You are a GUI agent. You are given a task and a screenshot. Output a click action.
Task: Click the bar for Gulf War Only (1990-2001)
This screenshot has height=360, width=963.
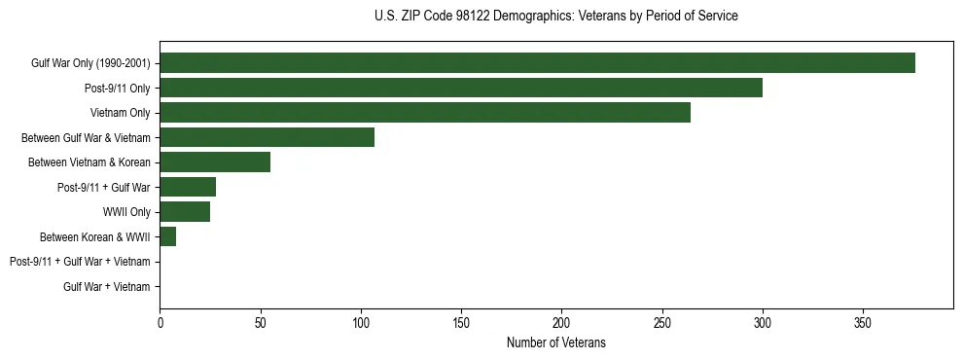[x=537, y=63]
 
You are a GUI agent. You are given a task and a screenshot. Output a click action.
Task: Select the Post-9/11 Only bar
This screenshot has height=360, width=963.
[x=461, y=88]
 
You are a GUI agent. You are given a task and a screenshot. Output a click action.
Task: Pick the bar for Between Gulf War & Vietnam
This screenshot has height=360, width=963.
[x=267, y=137]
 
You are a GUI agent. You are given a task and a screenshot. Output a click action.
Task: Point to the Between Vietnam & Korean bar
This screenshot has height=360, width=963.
[x=215, y=162]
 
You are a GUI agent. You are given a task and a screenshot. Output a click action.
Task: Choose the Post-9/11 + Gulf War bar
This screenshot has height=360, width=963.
[x=188, y=187]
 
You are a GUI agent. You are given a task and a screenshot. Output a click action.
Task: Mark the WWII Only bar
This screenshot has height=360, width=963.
[x=185, y=212]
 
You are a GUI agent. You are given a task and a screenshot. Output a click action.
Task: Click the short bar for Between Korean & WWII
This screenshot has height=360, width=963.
[x=168, y=236]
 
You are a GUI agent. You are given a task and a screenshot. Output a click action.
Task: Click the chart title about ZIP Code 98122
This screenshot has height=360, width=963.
[x=555, y=17]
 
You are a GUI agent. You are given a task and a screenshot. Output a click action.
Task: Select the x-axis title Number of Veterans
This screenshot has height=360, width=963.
[x=555, y=342]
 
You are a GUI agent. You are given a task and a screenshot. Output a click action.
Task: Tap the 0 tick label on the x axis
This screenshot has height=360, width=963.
[x=160, y=322]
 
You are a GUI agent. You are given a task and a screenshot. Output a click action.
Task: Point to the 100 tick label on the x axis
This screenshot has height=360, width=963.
[x=361, y=322]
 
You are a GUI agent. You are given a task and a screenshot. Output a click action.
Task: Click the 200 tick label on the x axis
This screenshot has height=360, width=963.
[x=561, y=322]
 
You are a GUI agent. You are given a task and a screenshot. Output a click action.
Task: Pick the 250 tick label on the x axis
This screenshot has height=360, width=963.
[x=661, y=322]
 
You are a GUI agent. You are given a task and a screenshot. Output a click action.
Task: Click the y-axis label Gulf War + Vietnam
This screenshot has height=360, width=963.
[x=107, y=287]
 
